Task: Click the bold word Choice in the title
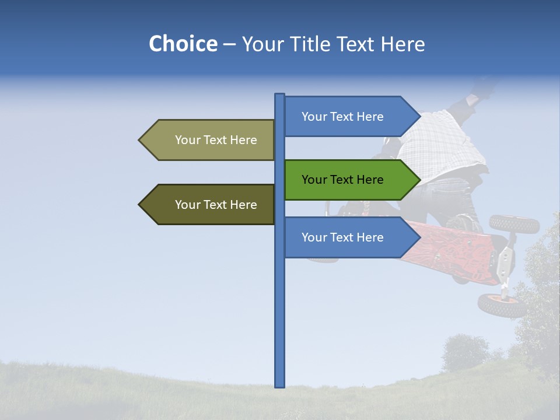click(183, 44)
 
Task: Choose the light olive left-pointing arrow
click(210, 140)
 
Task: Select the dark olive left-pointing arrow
click(210, 205)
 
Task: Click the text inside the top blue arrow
click(342, 117)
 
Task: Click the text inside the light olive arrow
click(216, 140)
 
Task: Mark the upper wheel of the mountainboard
click(514, 223)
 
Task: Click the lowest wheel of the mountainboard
click(502, 305)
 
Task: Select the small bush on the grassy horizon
click(465, 352)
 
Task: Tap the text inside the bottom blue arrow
click(342, 237)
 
